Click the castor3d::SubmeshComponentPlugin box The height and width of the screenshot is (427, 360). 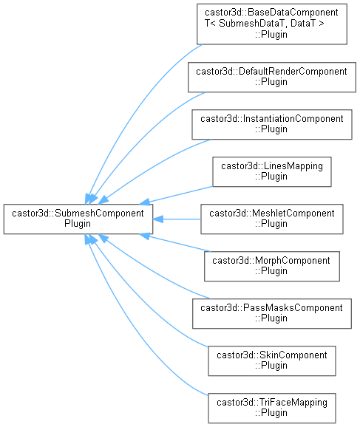[x=78, y=219]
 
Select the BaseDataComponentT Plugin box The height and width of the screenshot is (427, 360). [x=272, y=24]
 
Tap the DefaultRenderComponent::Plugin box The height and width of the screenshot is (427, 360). [x=272, y=77]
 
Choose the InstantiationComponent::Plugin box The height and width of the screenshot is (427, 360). [x=272, y=124]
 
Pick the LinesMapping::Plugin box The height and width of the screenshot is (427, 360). [x=272, y=171]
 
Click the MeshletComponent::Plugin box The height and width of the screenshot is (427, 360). [x=272, y=219]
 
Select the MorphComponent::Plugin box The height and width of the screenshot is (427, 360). [x=272, y=267]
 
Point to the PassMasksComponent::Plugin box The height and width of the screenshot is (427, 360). [x=272, y=313]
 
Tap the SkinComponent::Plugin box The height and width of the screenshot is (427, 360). [x=272, y=361]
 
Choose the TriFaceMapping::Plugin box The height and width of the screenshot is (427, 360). [x=272, y=408]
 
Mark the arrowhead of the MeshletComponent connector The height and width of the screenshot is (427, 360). [x=158, y=219]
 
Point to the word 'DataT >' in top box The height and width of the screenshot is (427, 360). [x=307, y=24]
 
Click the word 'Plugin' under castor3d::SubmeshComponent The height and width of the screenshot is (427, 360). [x=78, y=224]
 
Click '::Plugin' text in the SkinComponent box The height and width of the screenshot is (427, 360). [x=271, y=366]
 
